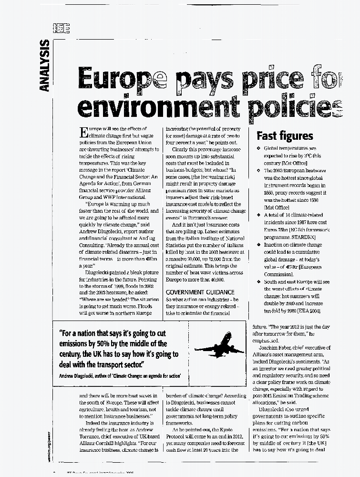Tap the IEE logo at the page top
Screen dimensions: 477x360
coord(62,29)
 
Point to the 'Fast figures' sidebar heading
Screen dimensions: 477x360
coord(285,136)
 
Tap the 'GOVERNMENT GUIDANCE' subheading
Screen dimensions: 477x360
coord(199,292)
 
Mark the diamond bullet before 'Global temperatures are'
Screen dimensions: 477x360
coord(258,149)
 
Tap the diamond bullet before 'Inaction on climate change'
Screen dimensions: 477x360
coord(258,245)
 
